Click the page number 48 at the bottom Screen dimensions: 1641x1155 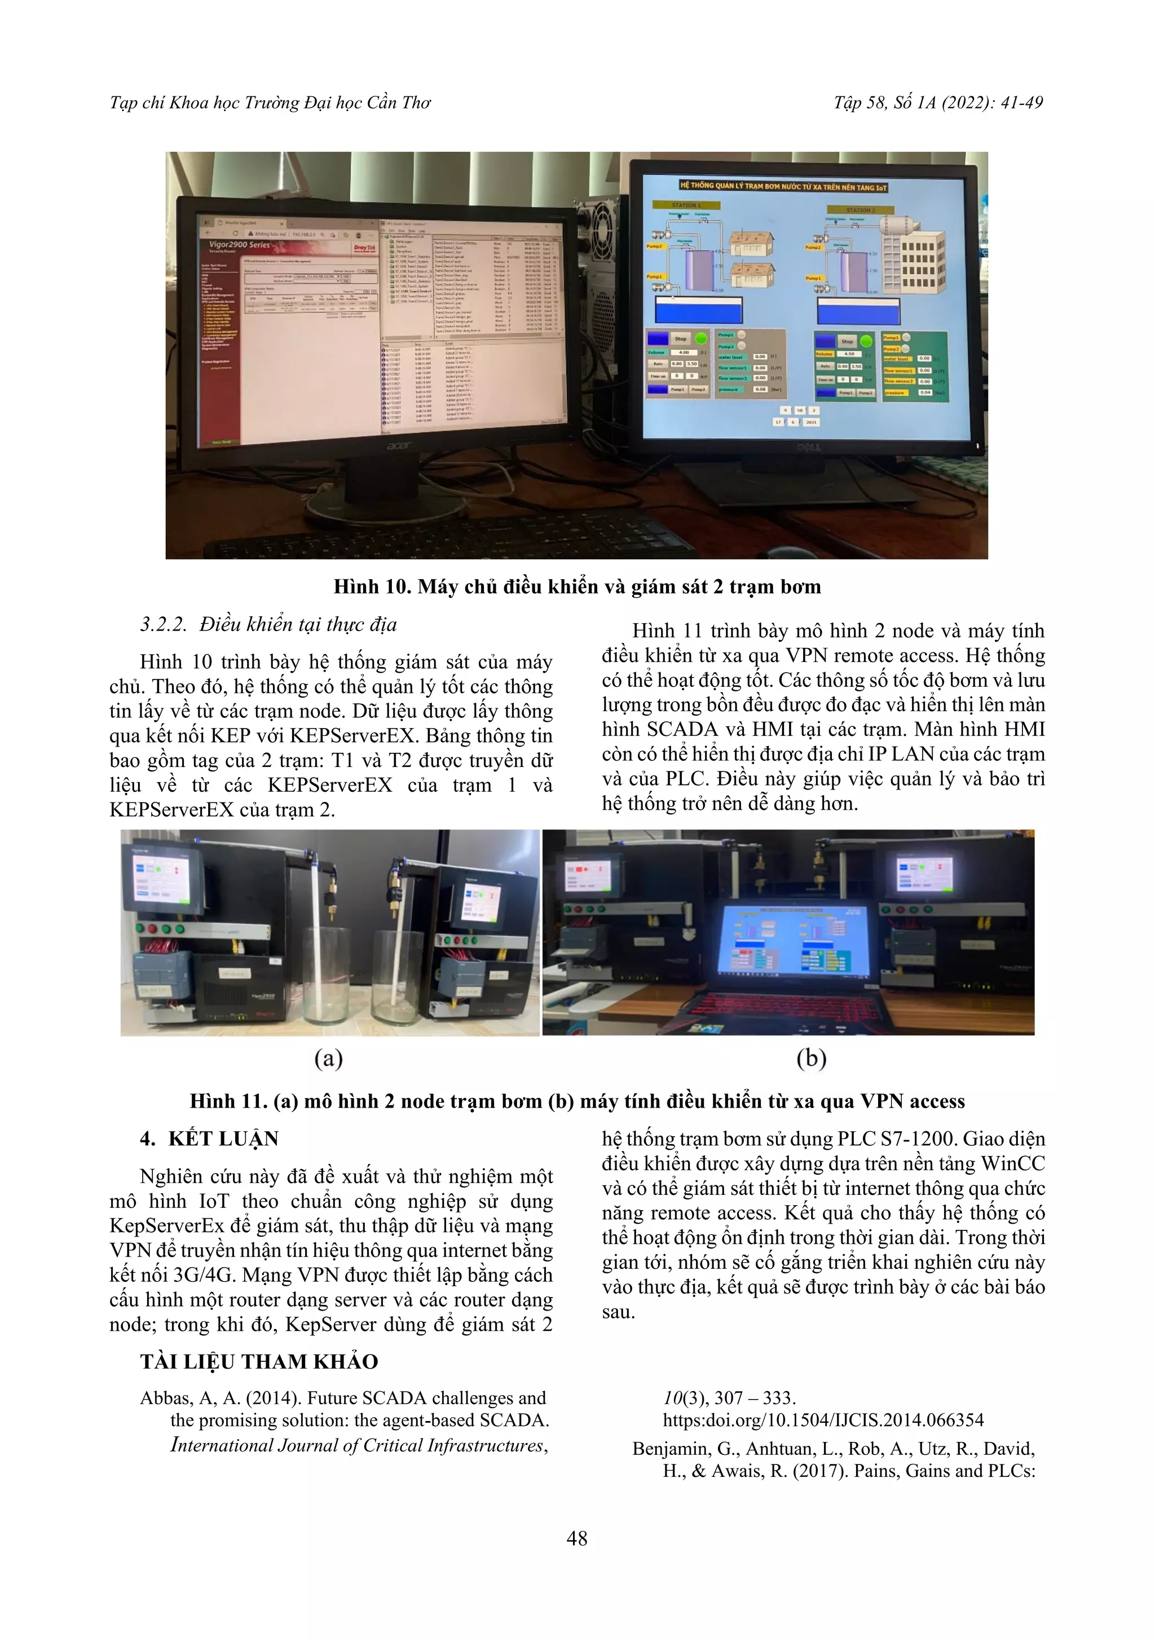click(577, 1538)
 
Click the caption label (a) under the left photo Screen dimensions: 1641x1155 click(329, 1058)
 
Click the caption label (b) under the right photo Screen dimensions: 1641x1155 click(811, 1058)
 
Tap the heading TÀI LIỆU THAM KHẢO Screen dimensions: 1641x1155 click(259, 1361)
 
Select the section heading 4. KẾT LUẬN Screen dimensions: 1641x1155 click(209, 1139)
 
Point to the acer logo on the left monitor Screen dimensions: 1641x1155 click(399, 446)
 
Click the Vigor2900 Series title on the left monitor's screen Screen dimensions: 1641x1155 click(240, 244)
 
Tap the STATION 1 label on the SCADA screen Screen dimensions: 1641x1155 click(686, 205)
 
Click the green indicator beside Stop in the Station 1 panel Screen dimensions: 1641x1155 click(701, 338)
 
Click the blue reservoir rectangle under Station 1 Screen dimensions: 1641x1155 click(698, 310)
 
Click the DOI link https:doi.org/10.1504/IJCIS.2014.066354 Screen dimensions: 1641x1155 click(823, 1420)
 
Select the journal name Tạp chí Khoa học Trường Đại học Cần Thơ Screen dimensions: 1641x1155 click(270, 103)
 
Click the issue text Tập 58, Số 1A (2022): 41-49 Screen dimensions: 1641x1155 click(938, 103)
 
